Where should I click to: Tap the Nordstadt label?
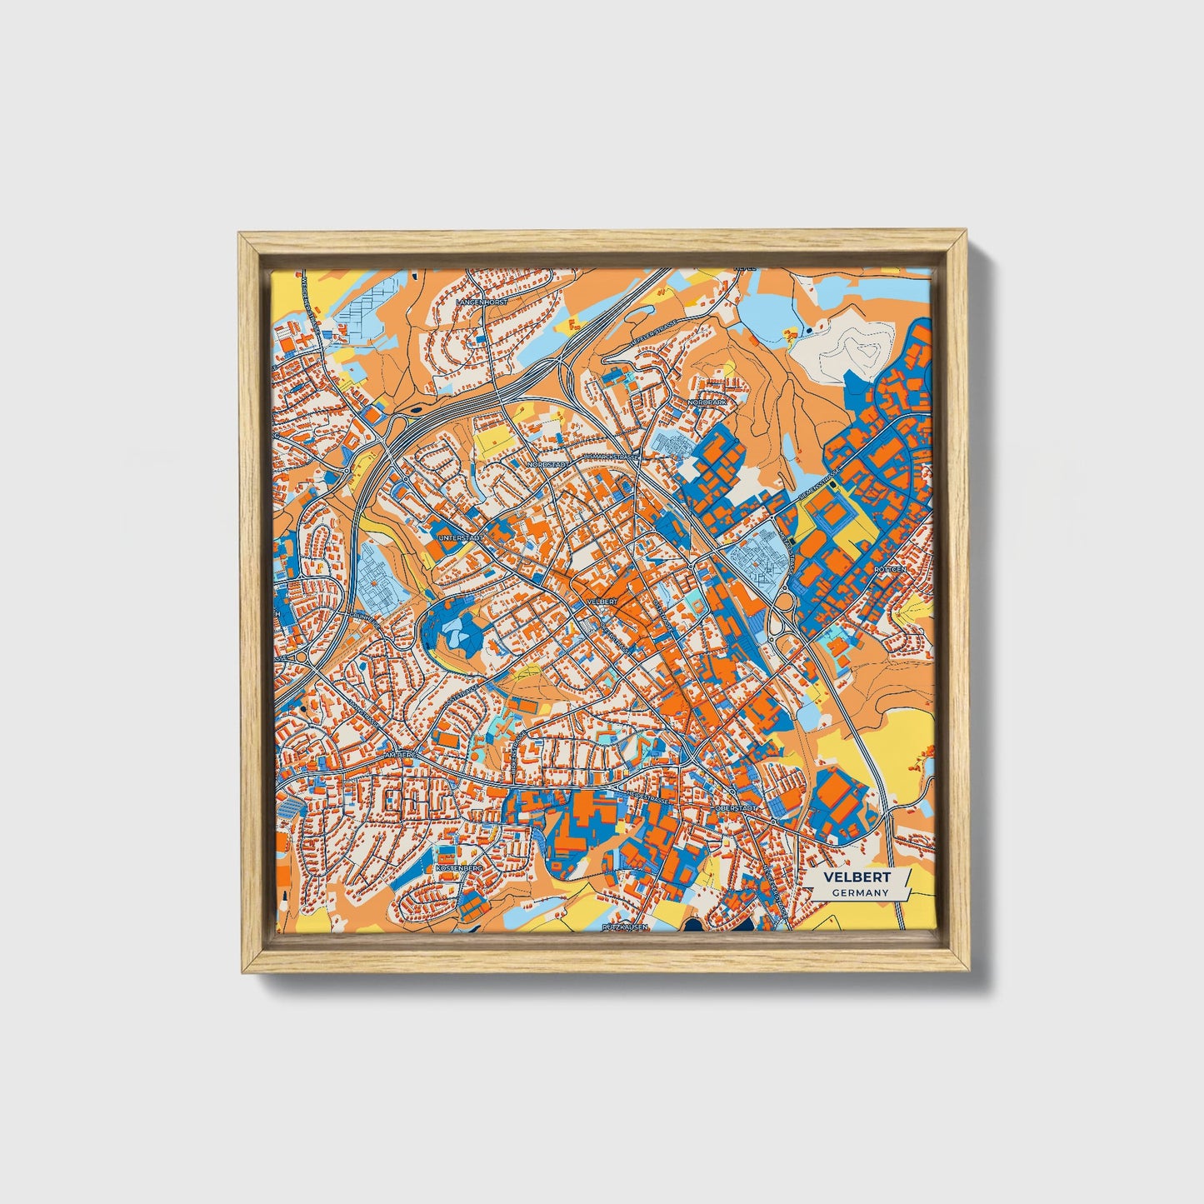pyautogui.click(x=549, y=463)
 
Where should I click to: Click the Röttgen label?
pyautogui.click(x=889, y=569)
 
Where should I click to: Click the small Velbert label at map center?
pyautogui.click(x=602, y=601)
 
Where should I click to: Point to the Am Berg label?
pyautogui.click(x=398, y=755)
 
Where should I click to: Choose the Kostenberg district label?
pyautogui.click(x=459, y=867)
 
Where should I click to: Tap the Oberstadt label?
pyautogui.click(x=736, y=808)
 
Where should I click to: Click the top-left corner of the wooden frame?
pyautogui.click(x=242, y=237)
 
